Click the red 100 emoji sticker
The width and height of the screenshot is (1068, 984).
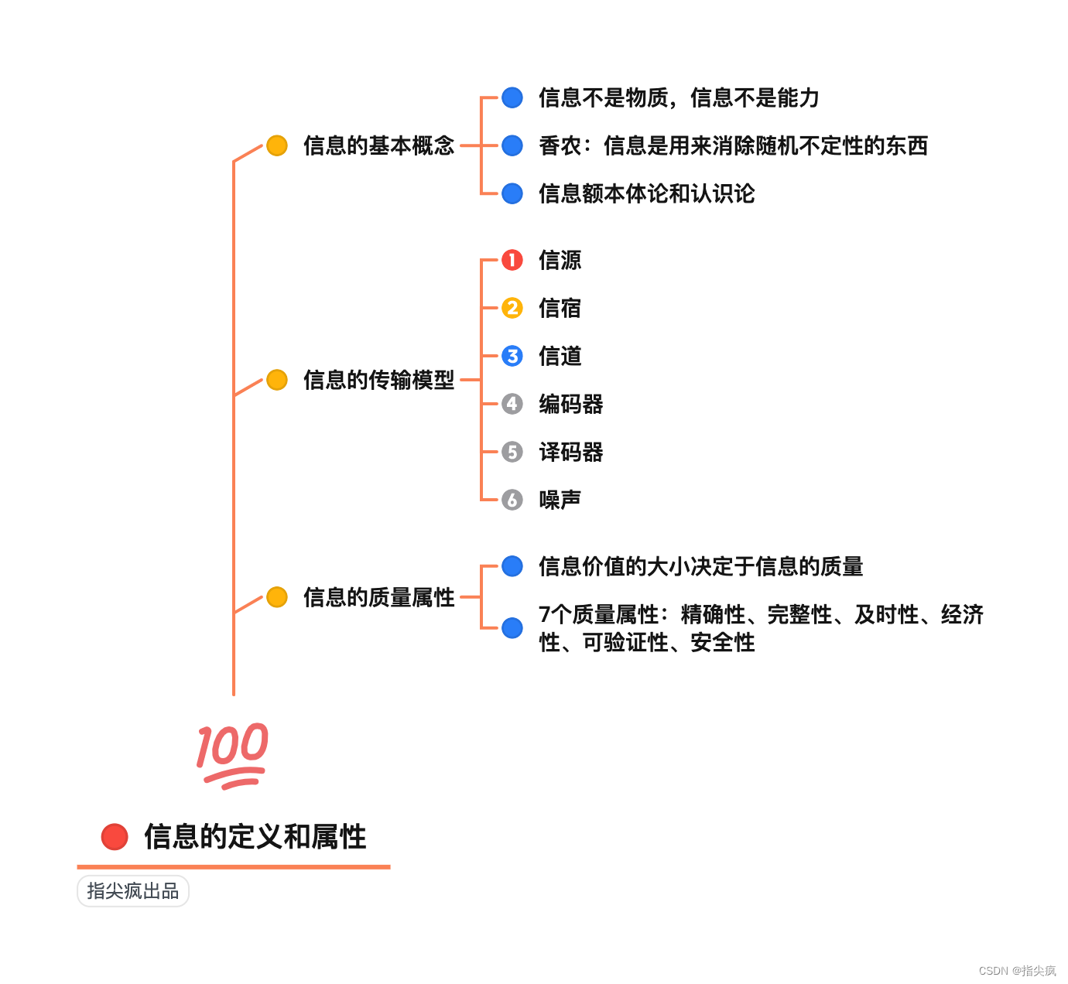click(x=232, y=755)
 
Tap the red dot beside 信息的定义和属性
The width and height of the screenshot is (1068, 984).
click(x=115, y=836)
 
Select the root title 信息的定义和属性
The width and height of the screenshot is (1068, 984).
click(x=255, y=836)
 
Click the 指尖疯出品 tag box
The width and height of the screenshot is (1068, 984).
click(x=133, y=891)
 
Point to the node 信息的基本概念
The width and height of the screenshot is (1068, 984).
click(x=378, y=145)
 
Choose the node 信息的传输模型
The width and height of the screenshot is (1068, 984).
click(x=378, y=380)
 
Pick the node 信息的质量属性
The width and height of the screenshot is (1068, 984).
click(x=378, y=597)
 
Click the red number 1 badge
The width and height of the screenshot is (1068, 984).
click(x=512, y=260)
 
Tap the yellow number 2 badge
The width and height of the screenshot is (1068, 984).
click(x=512, y=308)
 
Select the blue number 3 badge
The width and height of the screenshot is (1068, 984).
click(x=512, y=356)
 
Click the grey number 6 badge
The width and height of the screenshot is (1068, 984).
click(x=512, y=500)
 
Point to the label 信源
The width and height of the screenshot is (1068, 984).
click(x=560, y=260)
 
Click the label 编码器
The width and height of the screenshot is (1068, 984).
click(x=570, y=404)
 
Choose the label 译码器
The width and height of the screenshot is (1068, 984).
click(x=570, y=452)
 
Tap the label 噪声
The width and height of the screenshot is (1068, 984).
click(x=560, y=500)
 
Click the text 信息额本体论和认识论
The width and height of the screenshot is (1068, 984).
click(x=646, y=193)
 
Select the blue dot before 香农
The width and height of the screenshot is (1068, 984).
click(x=512, y=145)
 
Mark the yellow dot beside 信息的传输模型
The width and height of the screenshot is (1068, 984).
click(x=277, y=380)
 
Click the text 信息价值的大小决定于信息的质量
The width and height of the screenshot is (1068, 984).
click(x=700, y=566)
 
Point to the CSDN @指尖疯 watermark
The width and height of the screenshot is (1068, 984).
click(x=1017, y=970)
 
